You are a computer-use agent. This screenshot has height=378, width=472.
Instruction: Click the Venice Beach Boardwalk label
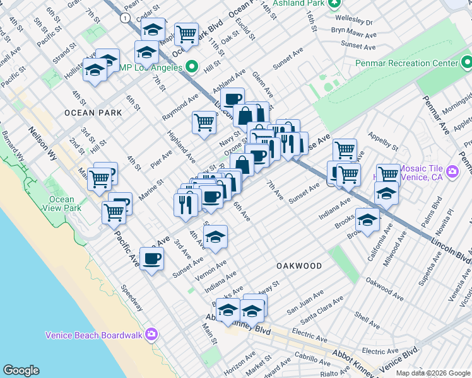point(95,335)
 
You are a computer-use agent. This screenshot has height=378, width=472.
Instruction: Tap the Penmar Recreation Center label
point(406,64)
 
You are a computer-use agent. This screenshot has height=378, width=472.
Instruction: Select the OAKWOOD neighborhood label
point(299,266)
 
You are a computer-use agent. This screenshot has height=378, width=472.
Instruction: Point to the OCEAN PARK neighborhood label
point(93,113)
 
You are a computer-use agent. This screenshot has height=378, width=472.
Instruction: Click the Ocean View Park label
point(62,203)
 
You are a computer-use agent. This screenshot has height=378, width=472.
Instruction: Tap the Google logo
point(21,370)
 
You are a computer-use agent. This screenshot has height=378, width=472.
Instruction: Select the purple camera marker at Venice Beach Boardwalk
point(151,334)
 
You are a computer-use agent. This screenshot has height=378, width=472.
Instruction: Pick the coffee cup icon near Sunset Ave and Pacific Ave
point(151,258)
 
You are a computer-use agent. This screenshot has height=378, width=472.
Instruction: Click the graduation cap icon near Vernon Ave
point(215,237)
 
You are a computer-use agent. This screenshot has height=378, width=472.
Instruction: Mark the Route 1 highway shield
point(127,18)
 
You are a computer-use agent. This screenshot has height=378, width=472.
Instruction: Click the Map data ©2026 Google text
point(433,373)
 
